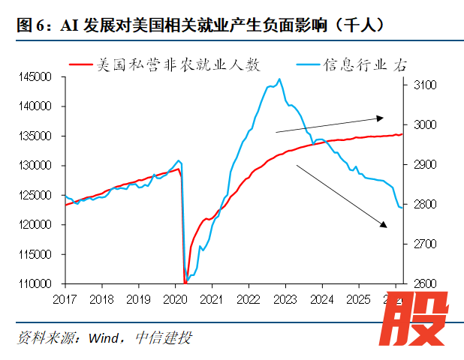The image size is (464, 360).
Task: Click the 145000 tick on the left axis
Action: click(35, 77)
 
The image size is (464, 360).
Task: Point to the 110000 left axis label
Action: click(35, 283)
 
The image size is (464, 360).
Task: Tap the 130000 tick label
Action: click(35, 166)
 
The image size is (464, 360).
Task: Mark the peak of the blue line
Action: click(280, 79)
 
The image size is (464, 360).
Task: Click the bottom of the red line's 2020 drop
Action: click(185, 283)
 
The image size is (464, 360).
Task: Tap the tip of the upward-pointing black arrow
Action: click(384, 117)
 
